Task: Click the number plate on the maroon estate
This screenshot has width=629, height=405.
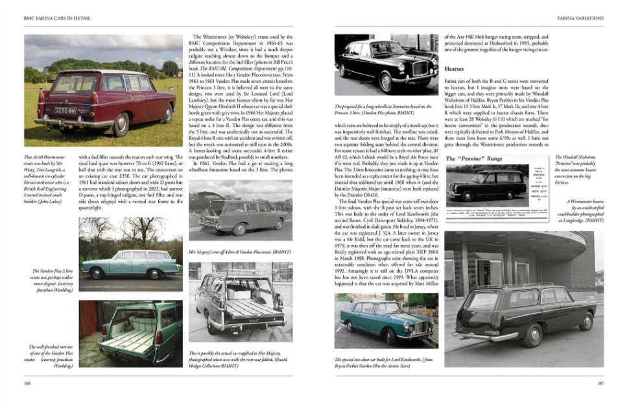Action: [65, 110]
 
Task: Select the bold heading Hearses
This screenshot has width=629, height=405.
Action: [454, 68]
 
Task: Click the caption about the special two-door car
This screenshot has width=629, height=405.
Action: [384, 363]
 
